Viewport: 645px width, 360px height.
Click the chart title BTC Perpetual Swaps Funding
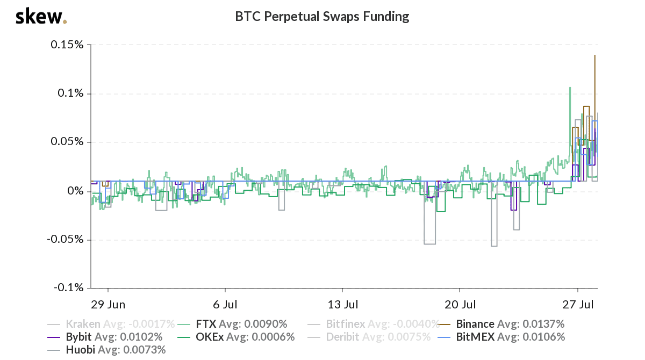coord(322,17)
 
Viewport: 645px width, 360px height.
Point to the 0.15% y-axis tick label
coord(67,45)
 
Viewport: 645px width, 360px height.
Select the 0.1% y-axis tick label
coord(71,93)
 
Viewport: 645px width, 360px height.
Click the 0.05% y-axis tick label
coord(67,142)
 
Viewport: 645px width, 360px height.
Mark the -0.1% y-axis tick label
coord(69,288)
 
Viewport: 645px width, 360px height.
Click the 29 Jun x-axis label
coord(108,305)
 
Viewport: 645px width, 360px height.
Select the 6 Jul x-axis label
coord(225,305)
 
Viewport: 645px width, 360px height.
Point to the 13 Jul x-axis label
coord(343,305)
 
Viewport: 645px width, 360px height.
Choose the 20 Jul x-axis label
coord(461,305)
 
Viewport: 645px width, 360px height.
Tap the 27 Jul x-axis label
coord(578,305)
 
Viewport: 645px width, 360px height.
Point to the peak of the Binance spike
coord(594,55)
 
